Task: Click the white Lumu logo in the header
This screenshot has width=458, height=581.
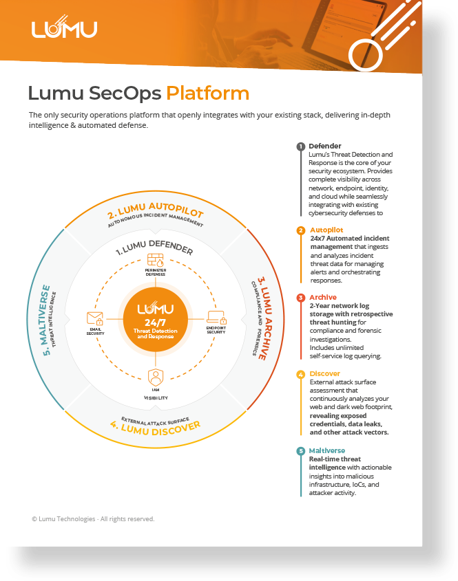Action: click(x=64, y=29)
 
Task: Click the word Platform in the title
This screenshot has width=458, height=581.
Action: click(x=208, y=93)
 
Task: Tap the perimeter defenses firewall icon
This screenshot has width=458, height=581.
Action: click(x=155, y=261)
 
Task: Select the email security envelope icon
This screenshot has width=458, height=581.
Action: click(x=95, y=318)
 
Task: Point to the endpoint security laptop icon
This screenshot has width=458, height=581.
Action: click(x=216, y=318)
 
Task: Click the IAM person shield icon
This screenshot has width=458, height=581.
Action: click(x=155, y=377)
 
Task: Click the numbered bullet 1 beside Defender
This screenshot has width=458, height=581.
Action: click(x=300, y=146)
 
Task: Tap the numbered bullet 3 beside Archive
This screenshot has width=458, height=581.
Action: click(x=300, y=298)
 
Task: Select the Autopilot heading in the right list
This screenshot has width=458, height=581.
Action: click(x=326, y=230)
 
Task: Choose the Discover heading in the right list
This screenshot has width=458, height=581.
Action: click(x=325, y=374)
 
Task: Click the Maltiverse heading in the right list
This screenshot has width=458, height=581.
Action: click(x=327, y=451)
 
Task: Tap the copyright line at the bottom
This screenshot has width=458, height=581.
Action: click(x=93, y=519)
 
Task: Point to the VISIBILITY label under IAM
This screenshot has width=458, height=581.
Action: click(x=155, y=398)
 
